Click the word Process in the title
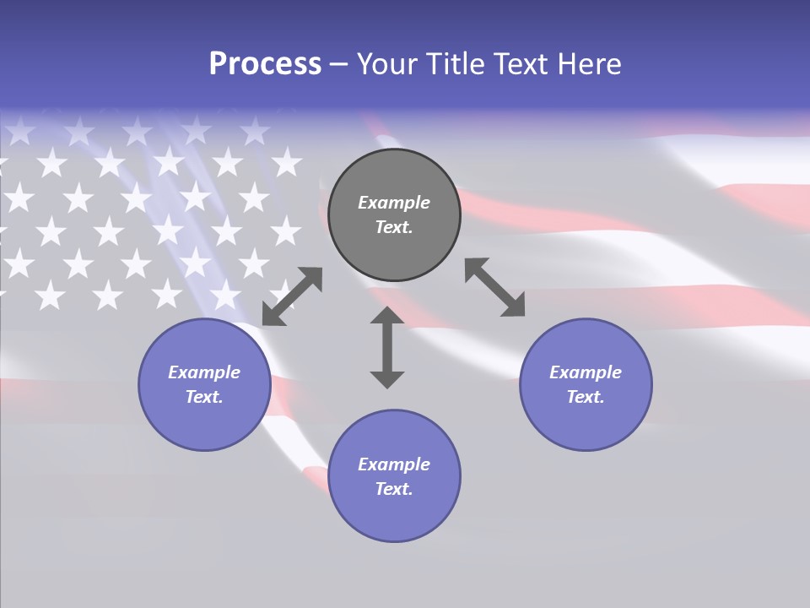coord(265,64)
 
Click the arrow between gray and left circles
coord(292,296)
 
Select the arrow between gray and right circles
coord(495,288)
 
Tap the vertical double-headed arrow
coord(387,347)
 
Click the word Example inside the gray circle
coord(394,203)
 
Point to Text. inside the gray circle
coord(394,227)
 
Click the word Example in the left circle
coord(204,372)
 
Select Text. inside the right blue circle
coord(586,397)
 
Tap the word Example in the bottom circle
coord(394,464)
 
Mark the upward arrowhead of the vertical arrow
coord(387,317)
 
